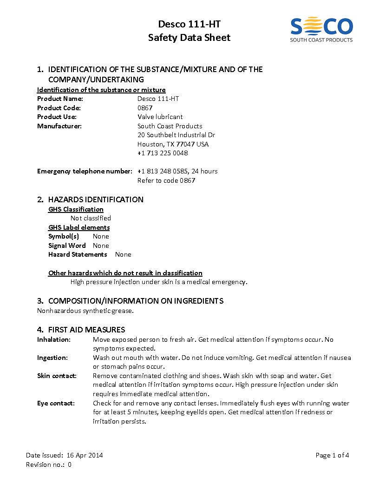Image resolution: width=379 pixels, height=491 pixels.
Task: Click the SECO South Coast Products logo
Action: point(321,29)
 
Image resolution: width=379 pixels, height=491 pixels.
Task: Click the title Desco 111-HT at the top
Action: point(189,24)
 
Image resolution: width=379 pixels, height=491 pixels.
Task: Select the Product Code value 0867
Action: point(145,108)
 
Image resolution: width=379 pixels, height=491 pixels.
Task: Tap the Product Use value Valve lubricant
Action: point(160,117)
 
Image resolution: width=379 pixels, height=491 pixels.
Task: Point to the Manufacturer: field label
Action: point(59,126)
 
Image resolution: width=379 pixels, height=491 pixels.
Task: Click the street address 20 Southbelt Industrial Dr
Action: point(176,135)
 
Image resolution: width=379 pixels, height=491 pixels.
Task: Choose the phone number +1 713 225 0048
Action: point(163,153)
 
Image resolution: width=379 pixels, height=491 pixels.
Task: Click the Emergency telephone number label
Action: point(85,171)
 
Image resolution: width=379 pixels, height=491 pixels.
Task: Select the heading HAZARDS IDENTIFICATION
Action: point(96,199)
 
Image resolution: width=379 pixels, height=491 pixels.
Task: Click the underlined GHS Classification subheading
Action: point(76,209)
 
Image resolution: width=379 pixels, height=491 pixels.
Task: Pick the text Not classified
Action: point(91,218)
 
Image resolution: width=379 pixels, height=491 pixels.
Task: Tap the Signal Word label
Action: point(67,245)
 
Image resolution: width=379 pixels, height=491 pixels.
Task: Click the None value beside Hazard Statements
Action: point(123,254)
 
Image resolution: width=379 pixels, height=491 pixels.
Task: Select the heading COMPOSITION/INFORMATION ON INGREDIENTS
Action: point(136,301)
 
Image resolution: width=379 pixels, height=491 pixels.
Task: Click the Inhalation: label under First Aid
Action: point(54,339)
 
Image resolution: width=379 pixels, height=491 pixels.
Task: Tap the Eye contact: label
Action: point(56,403)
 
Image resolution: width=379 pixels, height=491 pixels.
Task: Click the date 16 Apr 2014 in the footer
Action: point(85,455)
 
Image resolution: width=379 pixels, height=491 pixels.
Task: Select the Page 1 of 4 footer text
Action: point(332,455)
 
